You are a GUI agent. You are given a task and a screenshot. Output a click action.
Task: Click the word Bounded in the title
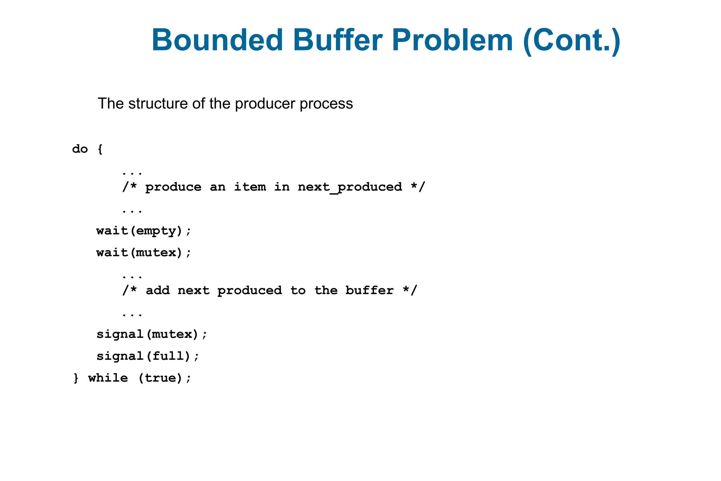tap(217, 40)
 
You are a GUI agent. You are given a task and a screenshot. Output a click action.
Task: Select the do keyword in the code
tap(80, 149)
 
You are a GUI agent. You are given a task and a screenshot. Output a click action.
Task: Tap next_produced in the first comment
tap(350, 187)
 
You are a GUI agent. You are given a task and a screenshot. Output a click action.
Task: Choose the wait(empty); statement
tap(144, 231)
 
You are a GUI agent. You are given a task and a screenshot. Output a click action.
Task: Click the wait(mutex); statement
tap(144, 253)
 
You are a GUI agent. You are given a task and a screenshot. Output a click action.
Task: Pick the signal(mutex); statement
tap(152, 334)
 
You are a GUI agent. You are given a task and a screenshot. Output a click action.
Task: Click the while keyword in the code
tap(108, 378)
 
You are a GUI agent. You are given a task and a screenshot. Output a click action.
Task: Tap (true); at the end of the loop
tap(164, 378)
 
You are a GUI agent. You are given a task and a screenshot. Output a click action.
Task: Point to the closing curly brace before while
tap(76, 378)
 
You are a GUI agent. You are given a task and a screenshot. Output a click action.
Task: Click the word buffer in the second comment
tap(369, 290)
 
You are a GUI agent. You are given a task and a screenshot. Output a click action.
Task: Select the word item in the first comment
tap(250, 187)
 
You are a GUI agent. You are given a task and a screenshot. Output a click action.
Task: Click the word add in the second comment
tap(158, 290)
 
